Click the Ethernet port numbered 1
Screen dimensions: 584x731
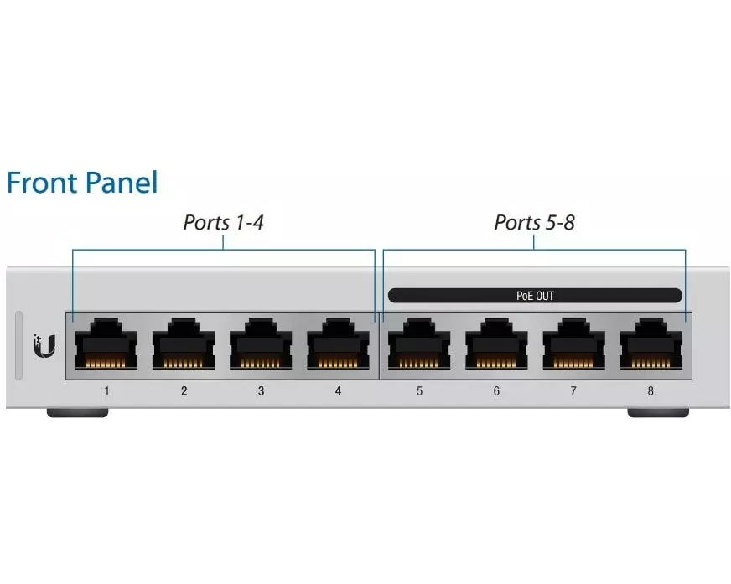[x=106, y=345]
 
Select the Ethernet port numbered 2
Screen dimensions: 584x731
[x=184, y=345]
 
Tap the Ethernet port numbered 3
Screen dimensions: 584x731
[x=261, y=345]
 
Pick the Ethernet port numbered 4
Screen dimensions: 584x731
[x=338, y=345]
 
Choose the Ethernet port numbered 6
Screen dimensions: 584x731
[x=496, y=345]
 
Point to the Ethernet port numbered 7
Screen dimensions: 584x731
[x=573, y=345]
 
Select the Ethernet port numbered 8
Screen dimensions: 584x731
[x=651, y=345]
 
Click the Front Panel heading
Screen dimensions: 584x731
[x=82, y=182]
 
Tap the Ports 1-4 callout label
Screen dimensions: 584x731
[x=224, y=222]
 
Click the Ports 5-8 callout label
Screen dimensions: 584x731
[x=534, y=222]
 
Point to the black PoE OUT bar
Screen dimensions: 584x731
[x=535, y=295]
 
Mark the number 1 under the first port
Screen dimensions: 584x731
[x=106, y=390]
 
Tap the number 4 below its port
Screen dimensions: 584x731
[x=338, y=390]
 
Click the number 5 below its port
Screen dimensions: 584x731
[x=419, y=390]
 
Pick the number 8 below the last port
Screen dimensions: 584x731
[x=651, y=390]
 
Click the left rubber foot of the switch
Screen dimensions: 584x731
[x=77, y=412]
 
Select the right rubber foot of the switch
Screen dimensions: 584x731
[x=658, y=412]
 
